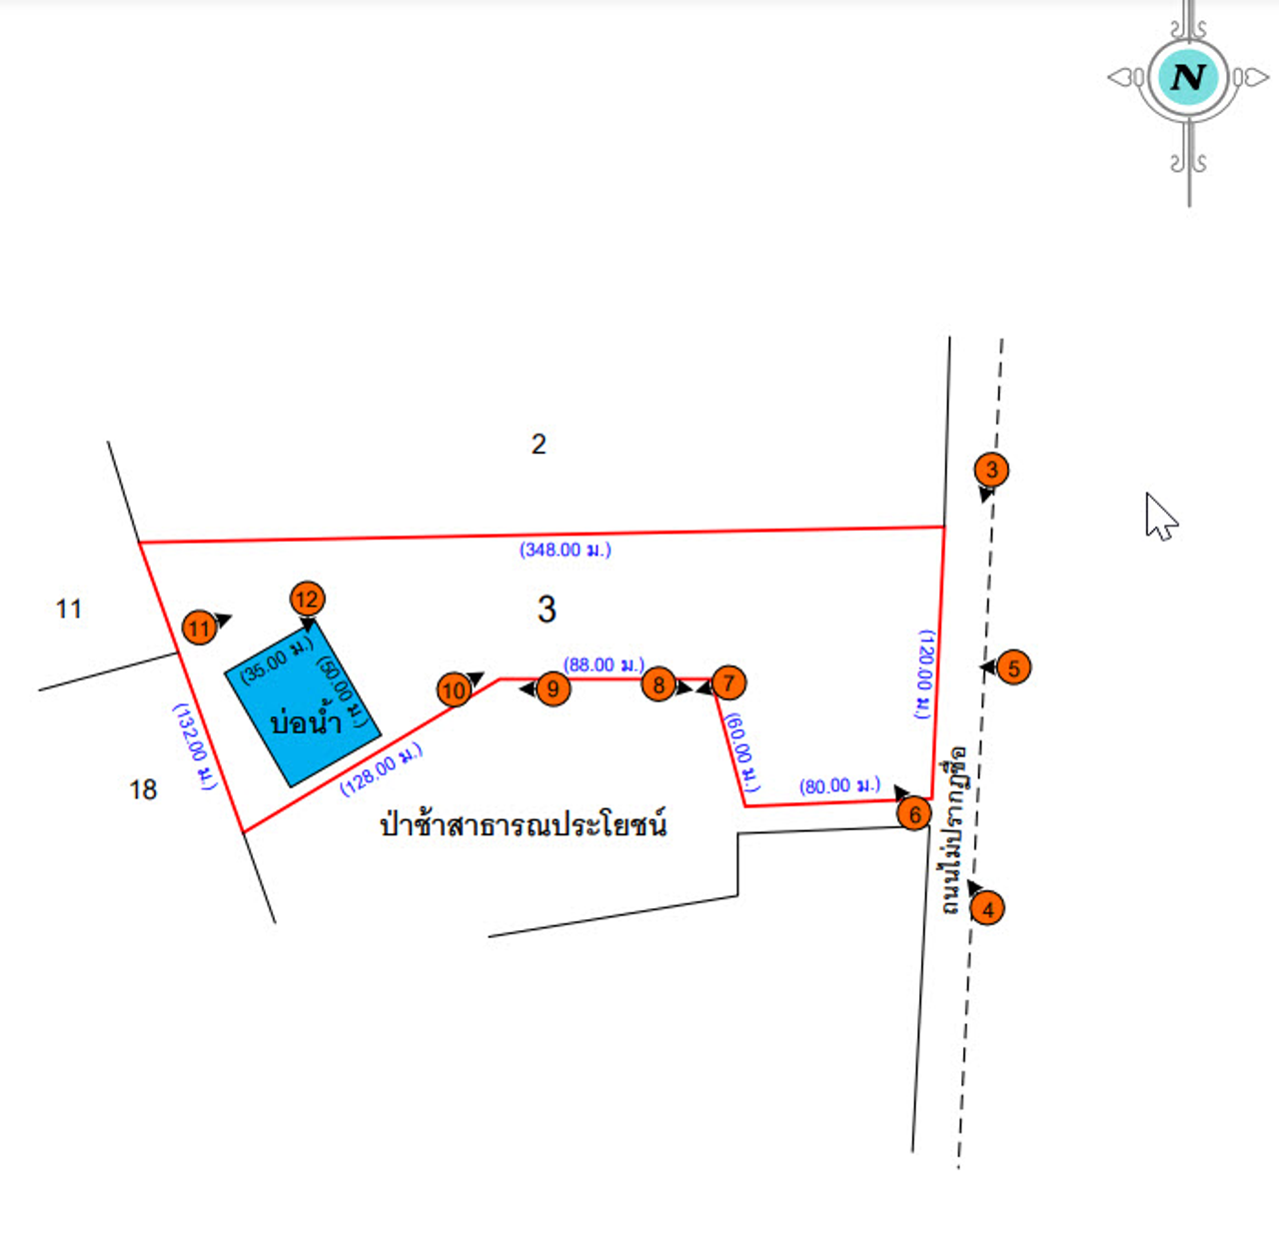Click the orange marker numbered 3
991,470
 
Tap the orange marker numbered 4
987,908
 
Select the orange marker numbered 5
1013,667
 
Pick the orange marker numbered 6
914,814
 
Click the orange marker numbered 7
729,683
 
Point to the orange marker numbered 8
658,684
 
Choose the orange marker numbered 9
554,688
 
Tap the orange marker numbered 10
455,689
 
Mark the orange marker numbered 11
200,627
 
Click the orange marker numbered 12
307,599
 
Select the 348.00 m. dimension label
565,550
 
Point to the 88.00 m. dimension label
604,664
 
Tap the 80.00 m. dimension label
839,786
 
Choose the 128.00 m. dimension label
381,769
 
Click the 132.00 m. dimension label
195,747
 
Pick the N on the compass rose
1188,77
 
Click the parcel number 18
143,790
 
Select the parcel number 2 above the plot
539,444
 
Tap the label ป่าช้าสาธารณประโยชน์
523,825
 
